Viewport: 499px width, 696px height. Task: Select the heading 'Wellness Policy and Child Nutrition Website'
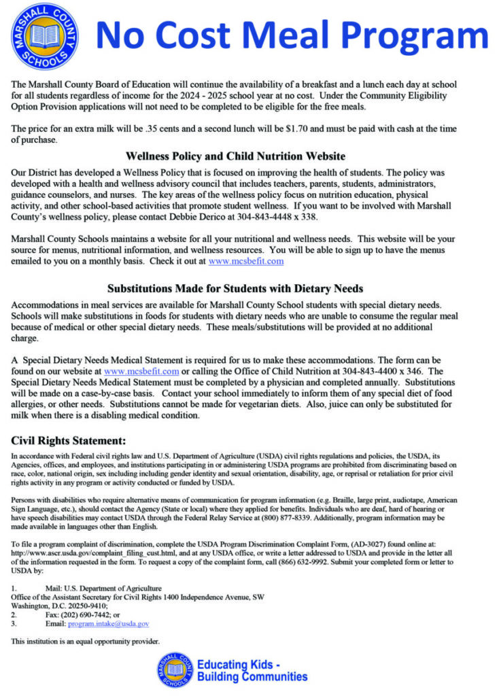pyautogui.click(x=236, y=156)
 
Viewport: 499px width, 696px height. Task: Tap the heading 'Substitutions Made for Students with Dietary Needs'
pyautogui.click(x=235, y=288)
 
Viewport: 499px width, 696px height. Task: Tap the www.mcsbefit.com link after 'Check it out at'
pyautogui.click(x=246, y=261)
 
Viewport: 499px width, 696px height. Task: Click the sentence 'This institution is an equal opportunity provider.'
pyautogui.click(x=86, y=641)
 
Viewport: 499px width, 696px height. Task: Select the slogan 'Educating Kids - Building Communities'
pyautogui.click(x=252, y=670)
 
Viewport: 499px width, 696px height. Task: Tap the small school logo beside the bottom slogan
pyautogui.click(x=174, y=670)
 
